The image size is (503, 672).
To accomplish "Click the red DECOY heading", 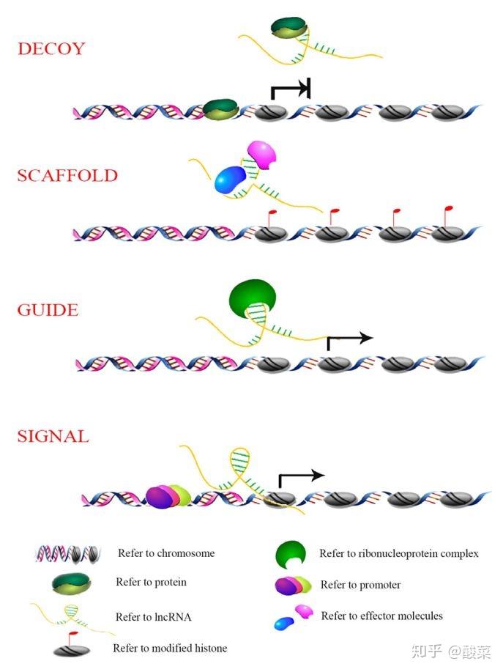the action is pos(51,48).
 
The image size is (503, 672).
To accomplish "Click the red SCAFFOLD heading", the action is pos(67,175).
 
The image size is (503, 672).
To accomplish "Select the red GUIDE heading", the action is pos(48,310).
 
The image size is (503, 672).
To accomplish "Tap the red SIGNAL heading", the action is pos(53,436).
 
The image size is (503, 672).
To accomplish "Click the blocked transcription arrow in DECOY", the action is pos(290,88).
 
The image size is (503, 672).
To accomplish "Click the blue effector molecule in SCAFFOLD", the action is pos(229,180).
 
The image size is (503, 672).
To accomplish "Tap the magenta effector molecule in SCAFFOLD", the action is pos(262,155).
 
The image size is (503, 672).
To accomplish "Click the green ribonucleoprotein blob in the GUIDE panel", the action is pos(253,297).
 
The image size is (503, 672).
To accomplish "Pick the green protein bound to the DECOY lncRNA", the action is pos(289,28).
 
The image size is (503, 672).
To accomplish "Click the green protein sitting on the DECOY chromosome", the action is pos(220,109).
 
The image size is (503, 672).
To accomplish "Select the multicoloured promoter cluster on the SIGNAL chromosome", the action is pos(168,496).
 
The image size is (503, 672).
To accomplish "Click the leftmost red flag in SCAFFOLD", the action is pos(271,218).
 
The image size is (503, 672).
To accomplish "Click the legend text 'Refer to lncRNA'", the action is pos(153,617).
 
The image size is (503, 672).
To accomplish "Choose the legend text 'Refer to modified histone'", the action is pos(170,648).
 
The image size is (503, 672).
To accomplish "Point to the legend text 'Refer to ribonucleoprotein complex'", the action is pos(399,553).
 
